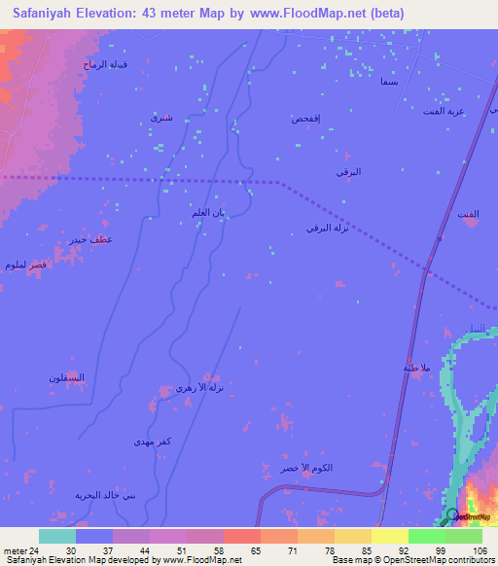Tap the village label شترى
pos(161,118)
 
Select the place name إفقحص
pos(306,119)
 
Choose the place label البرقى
pos(348,172)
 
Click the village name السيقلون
pos(67,377)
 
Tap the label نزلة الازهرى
pos(200,388)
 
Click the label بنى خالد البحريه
pos(106,495)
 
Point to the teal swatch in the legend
pos(56,536)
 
